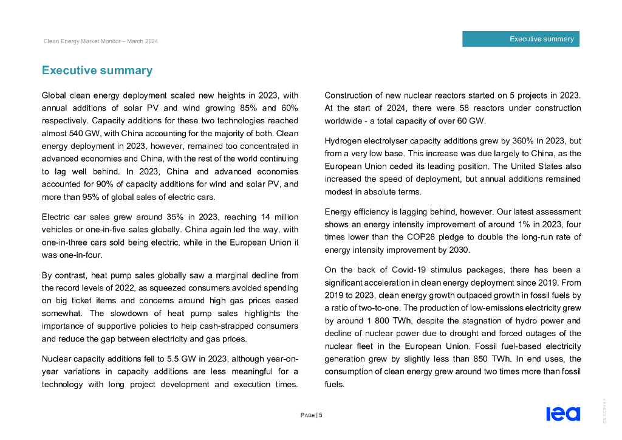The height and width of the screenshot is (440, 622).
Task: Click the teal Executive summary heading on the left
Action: click(x=97, y=70)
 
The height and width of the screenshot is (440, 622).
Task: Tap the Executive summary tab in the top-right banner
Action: click(x=541, y=39)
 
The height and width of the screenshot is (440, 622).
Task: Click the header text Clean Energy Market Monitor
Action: click(x=101, y=41)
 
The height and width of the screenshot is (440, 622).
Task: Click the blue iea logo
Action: click(x=563, y=414)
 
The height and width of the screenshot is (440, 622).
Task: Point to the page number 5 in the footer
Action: click(x=320, y=415)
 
